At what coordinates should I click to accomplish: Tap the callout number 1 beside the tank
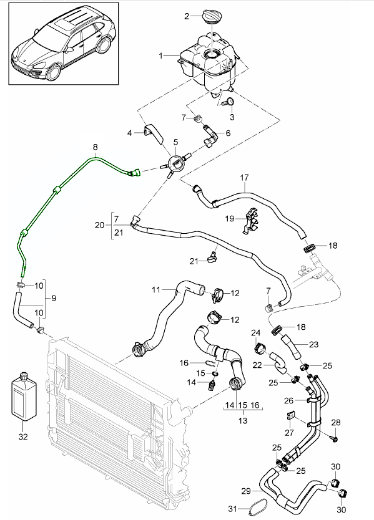tap(161, 55)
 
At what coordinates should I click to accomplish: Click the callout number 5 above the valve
tap(176, 142)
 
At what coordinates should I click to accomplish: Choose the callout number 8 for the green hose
tap(96, 148)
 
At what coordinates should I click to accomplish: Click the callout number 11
tap(157, 289)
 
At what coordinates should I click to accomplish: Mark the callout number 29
tap(245, 491)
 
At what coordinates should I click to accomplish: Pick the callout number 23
tap(313, 344)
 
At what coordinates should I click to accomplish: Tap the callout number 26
tap(289, 400)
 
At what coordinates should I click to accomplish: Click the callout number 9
tap(54, 298)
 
